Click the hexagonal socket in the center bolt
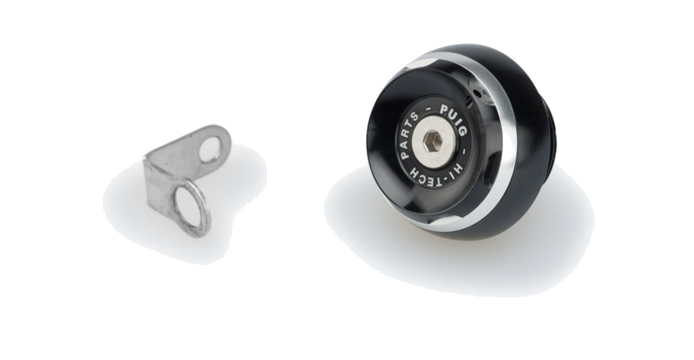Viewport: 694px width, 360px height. [x=433, y=143]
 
